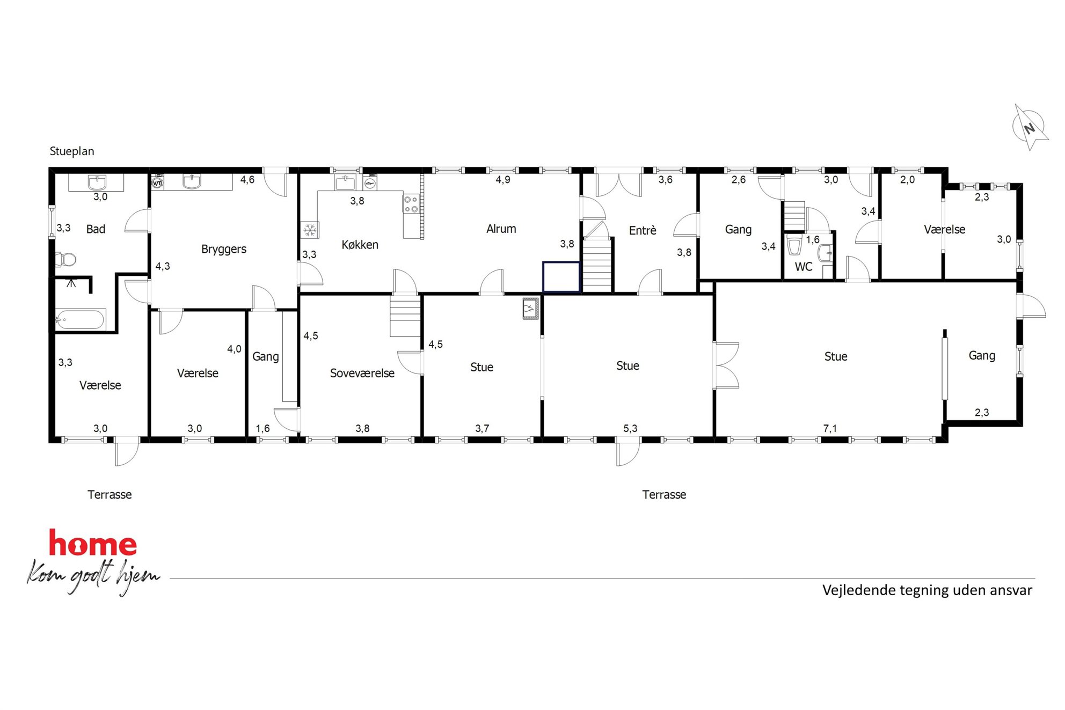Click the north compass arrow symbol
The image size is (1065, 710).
coord(1030,128)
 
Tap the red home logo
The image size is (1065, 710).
coord(93,543)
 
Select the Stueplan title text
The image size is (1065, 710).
coord(72,151)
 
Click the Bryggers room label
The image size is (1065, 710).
coord(224,250)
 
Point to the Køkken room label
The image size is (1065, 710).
coord(360,245)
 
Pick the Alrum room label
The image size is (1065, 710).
coord(501,229)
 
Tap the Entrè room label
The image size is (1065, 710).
coord(643,230)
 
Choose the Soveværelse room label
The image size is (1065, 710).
coord(362,373)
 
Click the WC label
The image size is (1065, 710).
coord(804,267)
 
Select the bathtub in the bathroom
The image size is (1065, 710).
coord(79,320)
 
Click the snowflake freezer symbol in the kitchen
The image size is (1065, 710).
coord(310,230)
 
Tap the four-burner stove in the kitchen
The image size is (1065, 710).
coord(411,204)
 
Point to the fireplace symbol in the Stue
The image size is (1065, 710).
coord(530,309)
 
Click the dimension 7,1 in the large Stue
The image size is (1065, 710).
coord(830,428)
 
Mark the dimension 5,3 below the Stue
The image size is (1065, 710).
coord(630,428)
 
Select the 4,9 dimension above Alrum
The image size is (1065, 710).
coord(502,180)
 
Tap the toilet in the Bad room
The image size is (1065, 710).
coord(66,260)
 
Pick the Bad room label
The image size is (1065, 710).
coord(96,229)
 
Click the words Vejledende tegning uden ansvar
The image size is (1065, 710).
coord(927,590)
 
